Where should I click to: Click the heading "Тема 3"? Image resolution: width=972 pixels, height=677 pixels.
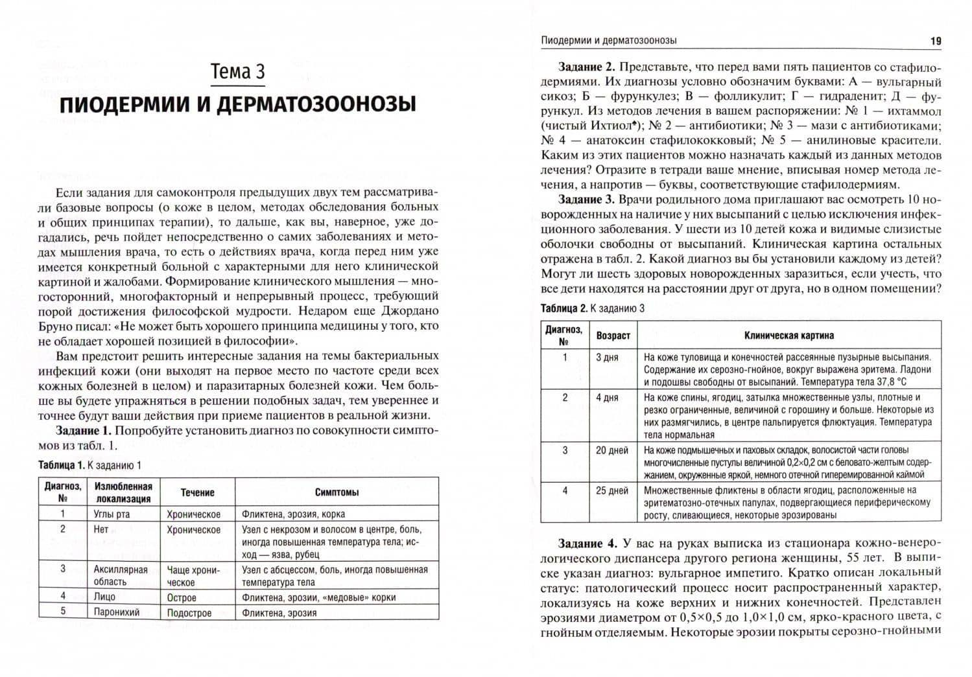(x=238, y=71)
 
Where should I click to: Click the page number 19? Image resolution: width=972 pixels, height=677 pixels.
(x=936, y=40)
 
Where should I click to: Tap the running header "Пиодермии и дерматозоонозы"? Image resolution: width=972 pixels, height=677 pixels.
(x=609, y=40)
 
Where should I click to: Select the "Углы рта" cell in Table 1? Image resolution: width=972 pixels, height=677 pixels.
(x=112, y=514)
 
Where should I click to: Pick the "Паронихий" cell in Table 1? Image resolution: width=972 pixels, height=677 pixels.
(x=117, y=612)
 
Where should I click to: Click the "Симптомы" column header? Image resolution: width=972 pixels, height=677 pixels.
(x=337, y=492)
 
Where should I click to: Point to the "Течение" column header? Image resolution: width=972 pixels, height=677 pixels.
(x=197, y=492)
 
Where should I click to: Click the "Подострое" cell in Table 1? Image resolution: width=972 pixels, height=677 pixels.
(x=189, y=612)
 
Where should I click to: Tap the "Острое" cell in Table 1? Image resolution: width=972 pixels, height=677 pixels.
(x=182, y=597)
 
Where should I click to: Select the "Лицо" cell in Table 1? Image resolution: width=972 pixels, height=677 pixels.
(x=104, y=597)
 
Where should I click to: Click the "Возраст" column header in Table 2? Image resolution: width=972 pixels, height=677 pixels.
(x=613, y=336)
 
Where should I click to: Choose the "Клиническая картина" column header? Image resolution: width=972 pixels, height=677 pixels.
(x=788, y=336)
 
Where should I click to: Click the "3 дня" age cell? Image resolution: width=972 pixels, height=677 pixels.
(x=608, y=357)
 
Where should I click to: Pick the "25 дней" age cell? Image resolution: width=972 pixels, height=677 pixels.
(x=612, y=490)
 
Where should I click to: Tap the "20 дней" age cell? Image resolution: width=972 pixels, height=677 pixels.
(x=612, y=450)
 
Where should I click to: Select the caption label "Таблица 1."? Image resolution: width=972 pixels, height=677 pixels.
(x=62, y=465)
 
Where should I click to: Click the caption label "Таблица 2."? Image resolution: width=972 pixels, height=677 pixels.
(x=564, y=308)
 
